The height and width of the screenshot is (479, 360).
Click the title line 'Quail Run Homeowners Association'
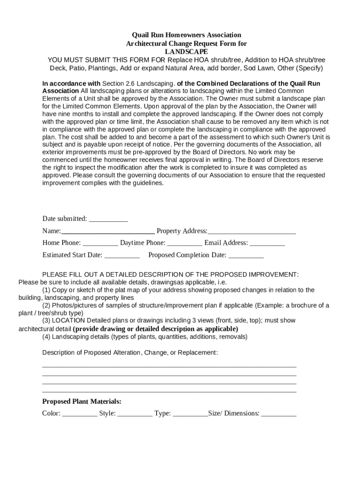[x=186, y=35]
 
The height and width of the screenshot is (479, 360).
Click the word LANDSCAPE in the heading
[x=186, y=51]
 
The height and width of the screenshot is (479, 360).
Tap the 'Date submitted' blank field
[x=108, y=219]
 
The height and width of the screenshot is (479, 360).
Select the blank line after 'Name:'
[x=108, y=231]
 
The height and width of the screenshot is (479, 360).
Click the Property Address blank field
[x=252, y=231]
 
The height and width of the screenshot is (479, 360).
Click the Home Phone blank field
[x=100, y=243]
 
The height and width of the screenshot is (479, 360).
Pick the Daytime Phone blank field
[x=185, y=243]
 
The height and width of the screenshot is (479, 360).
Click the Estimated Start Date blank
[x=122, y=255]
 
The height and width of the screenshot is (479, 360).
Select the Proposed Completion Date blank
[x=246, y=255]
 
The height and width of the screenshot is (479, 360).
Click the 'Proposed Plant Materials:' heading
[x=82, y=401]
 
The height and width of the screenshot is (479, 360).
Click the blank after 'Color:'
[x=79, y=414]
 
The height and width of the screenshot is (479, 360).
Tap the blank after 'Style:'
[x=135, y=414]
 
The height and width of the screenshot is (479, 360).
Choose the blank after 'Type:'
[x=190, y=414]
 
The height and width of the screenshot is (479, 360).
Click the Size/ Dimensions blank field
[x=279, y=414]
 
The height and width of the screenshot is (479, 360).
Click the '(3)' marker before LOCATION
[x=46, y=321]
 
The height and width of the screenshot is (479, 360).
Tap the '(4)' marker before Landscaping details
[x=46, y=337]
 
